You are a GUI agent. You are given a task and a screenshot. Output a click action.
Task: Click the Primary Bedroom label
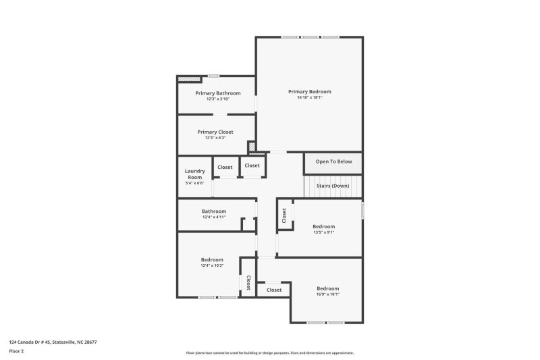pos(310,91)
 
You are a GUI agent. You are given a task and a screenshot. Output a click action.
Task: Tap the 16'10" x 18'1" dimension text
pos(310,97)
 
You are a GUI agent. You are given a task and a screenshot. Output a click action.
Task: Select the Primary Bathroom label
pos(217,93)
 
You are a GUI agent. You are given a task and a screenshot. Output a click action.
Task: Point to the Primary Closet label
pos(215,132)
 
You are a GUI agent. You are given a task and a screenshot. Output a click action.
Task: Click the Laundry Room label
pos(194,174)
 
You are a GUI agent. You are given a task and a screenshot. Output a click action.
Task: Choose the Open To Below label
pos(333,161)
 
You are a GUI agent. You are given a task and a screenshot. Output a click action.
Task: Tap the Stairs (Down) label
pos(333,185)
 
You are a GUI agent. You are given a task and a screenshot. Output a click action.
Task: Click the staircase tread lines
pos(317,186)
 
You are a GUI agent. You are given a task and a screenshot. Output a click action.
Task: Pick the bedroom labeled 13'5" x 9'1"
pos(323,229)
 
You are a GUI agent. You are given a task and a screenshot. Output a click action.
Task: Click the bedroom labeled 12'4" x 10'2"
pos(211,262)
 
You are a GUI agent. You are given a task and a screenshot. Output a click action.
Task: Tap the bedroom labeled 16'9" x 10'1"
pos(327,291)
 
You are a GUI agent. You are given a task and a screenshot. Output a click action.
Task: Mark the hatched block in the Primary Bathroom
pos(185,79)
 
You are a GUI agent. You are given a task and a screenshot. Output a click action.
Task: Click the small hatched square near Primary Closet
pos(251,146)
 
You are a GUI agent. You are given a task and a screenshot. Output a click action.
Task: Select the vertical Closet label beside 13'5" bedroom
pos(284,215)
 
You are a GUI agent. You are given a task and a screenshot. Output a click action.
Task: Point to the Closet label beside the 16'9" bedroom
pos(273,290)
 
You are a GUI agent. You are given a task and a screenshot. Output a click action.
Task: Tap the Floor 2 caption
pos(16,351)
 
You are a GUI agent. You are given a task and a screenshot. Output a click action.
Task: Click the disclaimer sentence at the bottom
pos(269,353)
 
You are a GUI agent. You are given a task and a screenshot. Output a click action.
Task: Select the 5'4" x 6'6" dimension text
pos(194,183)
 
